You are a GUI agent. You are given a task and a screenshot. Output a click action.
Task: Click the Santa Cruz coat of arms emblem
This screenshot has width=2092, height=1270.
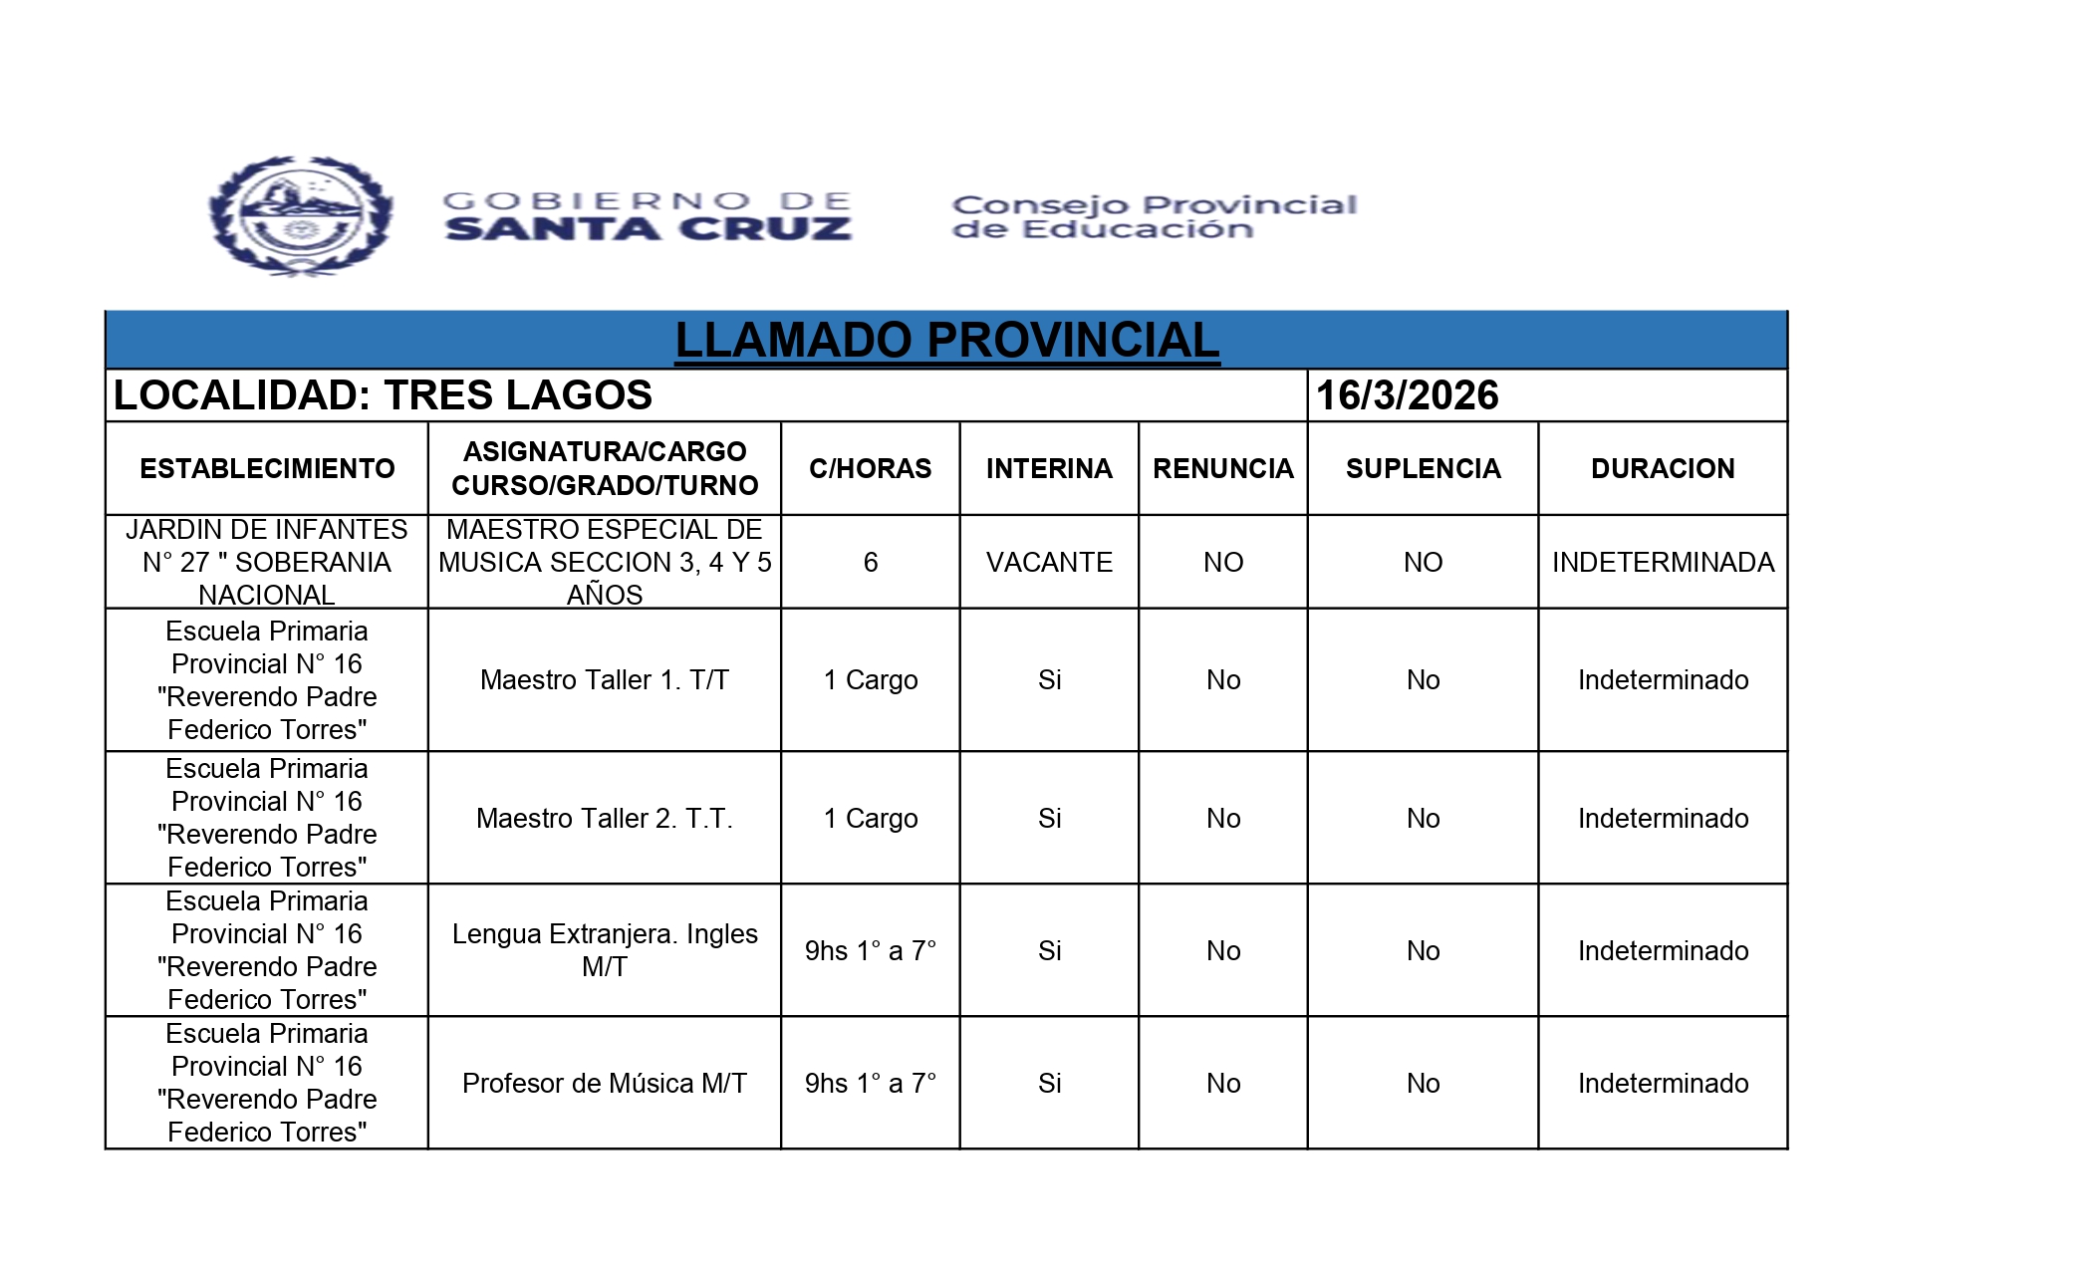[301, 215]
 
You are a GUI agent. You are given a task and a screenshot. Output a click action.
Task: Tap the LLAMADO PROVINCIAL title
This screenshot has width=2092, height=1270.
[946, 341]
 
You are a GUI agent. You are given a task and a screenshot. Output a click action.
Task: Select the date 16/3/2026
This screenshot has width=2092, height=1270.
[1407, 395]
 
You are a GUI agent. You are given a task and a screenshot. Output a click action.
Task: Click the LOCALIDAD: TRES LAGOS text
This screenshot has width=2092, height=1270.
[383, 395]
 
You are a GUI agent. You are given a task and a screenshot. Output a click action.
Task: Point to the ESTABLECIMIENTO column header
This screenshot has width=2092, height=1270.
[267, 468]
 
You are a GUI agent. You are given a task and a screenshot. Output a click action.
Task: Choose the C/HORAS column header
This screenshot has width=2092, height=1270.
[870, 468]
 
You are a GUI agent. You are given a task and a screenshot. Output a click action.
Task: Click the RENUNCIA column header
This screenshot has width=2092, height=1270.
[1222, 468]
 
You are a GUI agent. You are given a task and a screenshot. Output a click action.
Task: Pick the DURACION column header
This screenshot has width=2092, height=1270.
[1662, 468]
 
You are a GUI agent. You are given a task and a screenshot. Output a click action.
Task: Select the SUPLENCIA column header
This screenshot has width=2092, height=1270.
[1423, 468]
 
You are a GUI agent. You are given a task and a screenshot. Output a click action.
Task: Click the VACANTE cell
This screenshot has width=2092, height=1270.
[1049, 562]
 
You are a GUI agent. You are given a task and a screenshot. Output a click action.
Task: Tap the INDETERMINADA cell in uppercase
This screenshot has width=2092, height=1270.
[1662, 562]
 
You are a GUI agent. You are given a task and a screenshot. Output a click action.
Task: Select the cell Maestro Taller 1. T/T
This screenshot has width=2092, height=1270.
[604, 679]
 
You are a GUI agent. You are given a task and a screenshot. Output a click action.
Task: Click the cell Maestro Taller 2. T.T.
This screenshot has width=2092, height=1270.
[604, 818]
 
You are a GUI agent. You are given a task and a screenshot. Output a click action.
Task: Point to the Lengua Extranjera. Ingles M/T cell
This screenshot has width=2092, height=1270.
[604, 950]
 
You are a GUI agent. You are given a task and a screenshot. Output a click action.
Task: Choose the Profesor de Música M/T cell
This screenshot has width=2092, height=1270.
[604, 1083]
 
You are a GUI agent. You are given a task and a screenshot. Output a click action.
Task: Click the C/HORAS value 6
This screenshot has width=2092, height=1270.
[870, 562]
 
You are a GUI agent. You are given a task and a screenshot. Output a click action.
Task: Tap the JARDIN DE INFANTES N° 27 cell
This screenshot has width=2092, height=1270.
[267, 562]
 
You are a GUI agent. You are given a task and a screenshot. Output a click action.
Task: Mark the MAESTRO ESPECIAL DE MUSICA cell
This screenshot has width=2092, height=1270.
[604, 562]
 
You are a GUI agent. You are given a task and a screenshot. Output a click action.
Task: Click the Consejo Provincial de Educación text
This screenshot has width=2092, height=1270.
[1154, 217]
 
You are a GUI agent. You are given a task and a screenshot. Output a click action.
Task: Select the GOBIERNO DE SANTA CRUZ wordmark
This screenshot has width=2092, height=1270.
[648, 216]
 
